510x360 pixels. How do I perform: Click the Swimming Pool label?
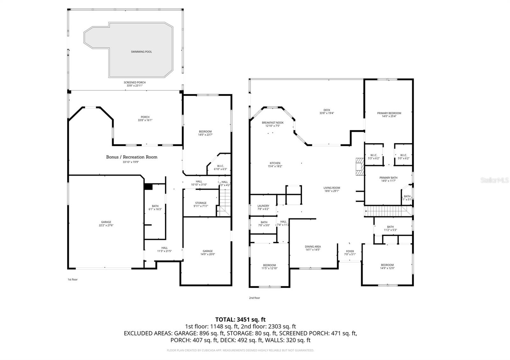coord(141,52)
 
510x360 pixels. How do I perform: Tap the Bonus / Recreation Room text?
coord(132,157)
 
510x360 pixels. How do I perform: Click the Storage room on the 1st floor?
coord(201,205)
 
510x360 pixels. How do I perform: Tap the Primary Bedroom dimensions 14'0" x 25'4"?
coord(389,116)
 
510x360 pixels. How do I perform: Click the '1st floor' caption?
coord(72,279)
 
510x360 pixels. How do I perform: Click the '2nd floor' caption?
coord(254,298)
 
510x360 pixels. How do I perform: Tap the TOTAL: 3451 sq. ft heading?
coord(240,319)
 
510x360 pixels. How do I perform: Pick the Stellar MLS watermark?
coord(496,180)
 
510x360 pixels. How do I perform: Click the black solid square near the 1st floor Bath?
coord(148,187)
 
